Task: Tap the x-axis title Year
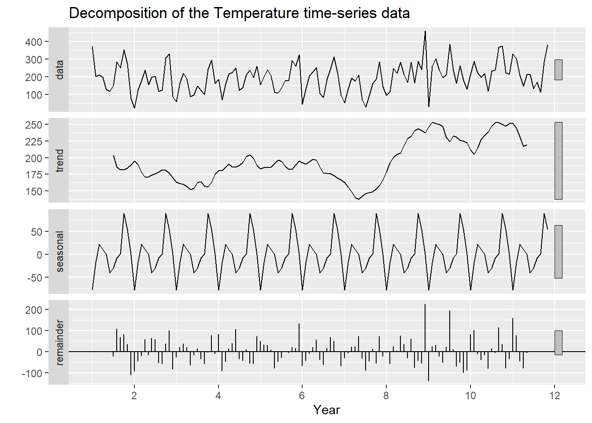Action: (326, 410)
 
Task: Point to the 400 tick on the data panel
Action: (33, 42)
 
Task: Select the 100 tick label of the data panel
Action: (33, 95)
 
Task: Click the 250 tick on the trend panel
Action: (33, 125)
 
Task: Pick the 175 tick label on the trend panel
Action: (33, 175)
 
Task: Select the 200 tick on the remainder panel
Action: (33, 310)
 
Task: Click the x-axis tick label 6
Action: (302, 396)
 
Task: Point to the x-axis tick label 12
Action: (555, 396)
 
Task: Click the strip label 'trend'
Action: (59, 160)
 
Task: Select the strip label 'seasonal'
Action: (59, 251)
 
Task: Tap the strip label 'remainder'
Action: (59, 342)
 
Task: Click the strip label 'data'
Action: (59, 70)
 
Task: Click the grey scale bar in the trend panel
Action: (558, 161)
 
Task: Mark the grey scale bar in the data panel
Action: (558, 70)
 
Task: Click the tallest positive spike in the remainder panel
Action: (425, 305)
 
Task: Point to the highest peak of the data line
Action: (425, 31)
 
